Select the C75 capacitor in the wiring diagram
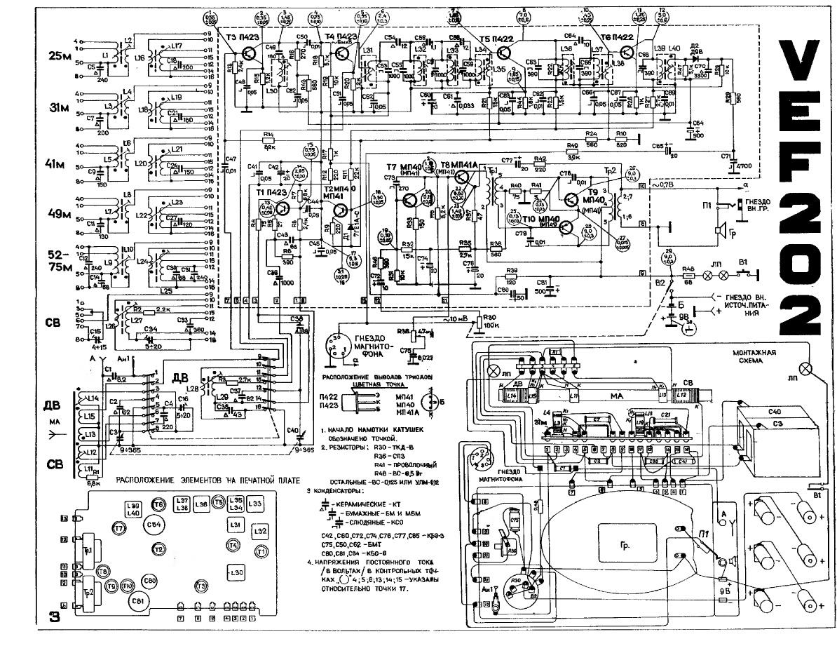(514, 523)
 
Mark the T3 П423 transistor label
(241, 37)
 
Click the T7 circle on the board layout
(118, 527)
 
